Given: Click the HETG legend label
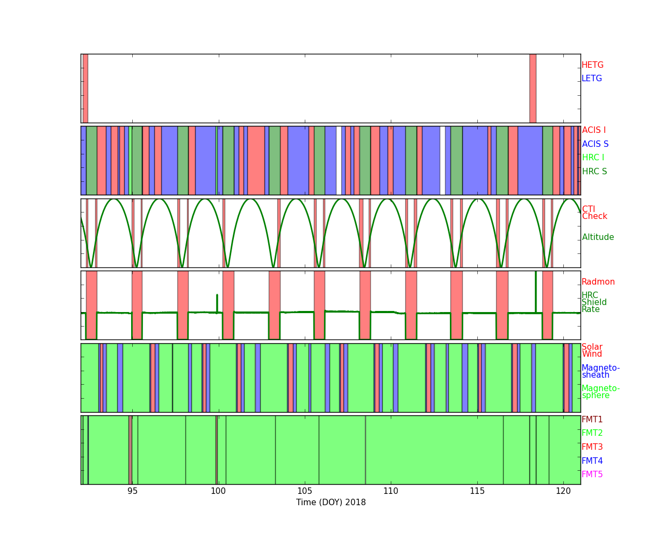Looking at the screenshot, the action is tap(592, 65).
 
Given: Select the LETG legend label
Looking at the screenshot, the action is tap(592, 78).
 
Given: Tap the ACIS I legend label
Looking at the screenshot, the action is tap(594, 130).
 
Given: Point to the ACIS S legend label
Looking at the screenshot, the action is tap(595, 144).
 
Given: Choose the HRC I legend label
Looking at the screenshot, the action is tap(593, 158).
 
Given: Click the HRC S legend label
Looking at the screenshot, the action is tap(594, 171).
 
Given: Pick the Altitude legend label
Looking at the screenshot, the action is tap(598, 237).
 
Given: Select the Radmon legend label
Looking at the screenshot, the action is tap(598, 282).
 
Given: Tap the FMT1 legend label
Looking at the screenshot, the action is tap(592, 419).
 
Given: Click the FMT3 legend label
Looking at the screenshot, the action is tap(592, 447).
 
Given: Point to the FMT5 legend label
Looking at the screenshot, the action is tap(592, 474).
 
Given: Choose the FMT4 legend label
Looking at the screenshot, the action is tap(592, 461).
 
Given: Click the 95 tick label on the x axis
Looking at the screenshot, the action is tap(132, 491).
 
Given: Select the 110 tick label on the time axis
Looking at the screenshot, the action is tap(391, 491).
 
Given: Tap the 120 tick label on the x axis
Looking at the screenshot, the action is tap(563, 491).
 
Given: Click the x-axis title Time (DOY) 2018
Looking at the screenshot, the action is tap(331, 502).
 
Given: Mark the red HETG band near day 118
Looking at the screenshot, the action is tap(533, 88).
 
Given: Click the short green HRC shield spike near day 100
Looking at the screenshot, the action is tap(217, 303).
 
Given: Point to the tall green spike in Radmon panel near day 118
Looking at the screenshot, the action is tap(536, 292).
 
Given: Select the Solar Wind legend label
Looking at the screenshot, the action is tap(592, 350).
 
